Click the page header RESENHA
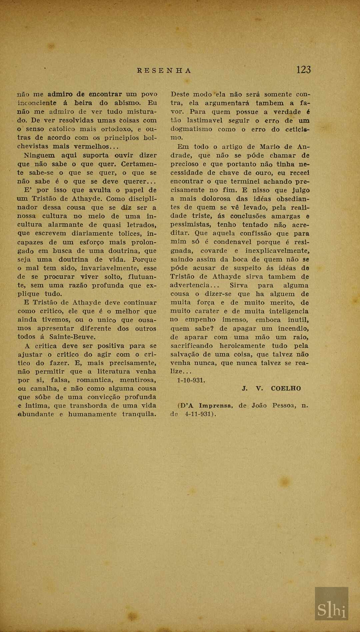(x=164, y=71)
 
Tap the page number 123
(x=303, y=70)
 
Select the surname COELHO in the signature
(x=286, y=389)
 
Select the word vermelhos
(x=91, y=146)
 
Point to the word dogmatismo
(x=191, y=129)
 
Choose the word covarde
(x=214, y=251)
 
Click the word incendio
(x=293, y=329)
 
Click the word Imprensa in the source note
(x=215, y=406)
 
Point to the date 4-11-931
(x=197, y=415)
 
